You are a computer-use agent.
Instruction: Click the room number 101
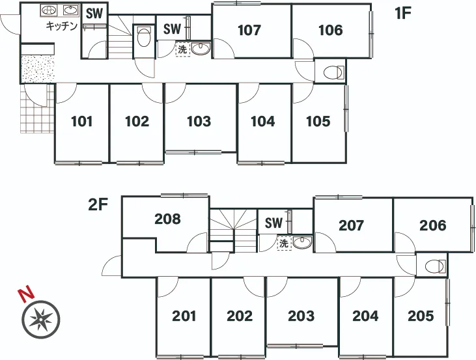click(81, 122)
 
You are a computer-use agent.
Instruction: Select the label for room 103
click(199, 122)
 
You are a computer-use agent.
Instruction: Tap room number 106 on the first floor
click(331, 30)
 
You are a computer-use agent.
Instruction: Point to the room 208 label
click(167, 219)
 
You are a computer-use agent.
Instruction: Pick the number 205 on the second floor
click(421, 316)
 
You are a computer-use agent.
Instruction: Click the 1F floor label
click(403, 14)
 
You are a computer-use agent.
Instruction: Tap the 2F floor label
click(98, 205)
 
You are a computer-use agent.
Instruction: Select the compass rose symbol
click(40, 320)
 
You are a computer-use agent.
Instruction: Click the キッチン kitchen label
click(62, 26)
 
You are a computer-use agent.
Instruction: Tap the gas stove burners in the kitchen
click(49, 10)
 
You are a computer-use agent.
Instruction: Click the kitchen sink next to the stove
click(70, 10)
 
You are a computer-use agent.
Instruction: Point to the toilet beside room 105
click(333, 73)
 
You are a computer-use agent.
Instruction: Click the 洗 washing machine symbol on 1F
click(182, 49)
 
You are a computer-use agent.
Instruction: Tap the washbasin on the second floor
click(301, 242)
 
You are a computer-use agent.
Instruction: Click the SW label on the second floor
click(273, 223)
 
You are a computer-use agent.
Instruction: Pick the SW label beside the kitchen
click(94, 14)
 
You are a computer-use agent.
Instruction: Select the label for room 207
click(351, 225)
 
